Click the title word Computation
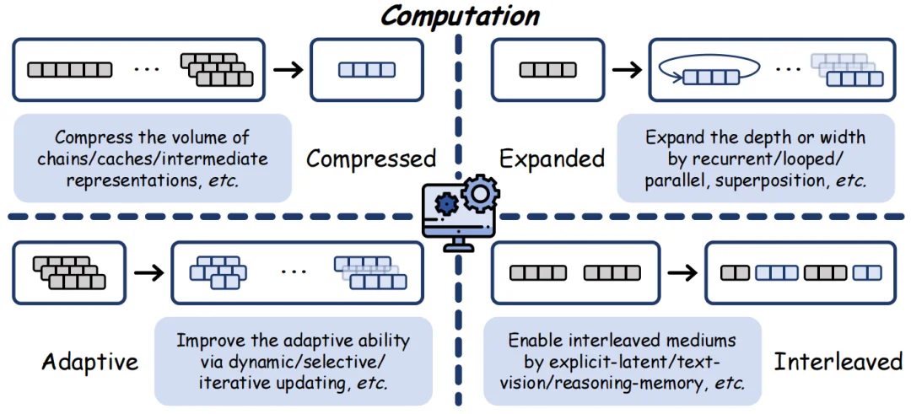459,16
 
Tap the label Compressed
370,159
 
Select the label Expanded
552,159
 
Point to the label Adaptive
89,363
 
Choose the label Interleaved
838,363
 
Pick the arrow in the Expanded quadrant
625,69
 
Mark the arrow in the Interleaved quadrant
682,272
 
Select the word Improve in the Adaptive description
208,341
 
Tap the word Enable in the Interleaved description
534,341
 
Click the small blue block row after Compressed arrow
366,70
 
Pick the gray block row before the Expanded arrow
542,70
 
